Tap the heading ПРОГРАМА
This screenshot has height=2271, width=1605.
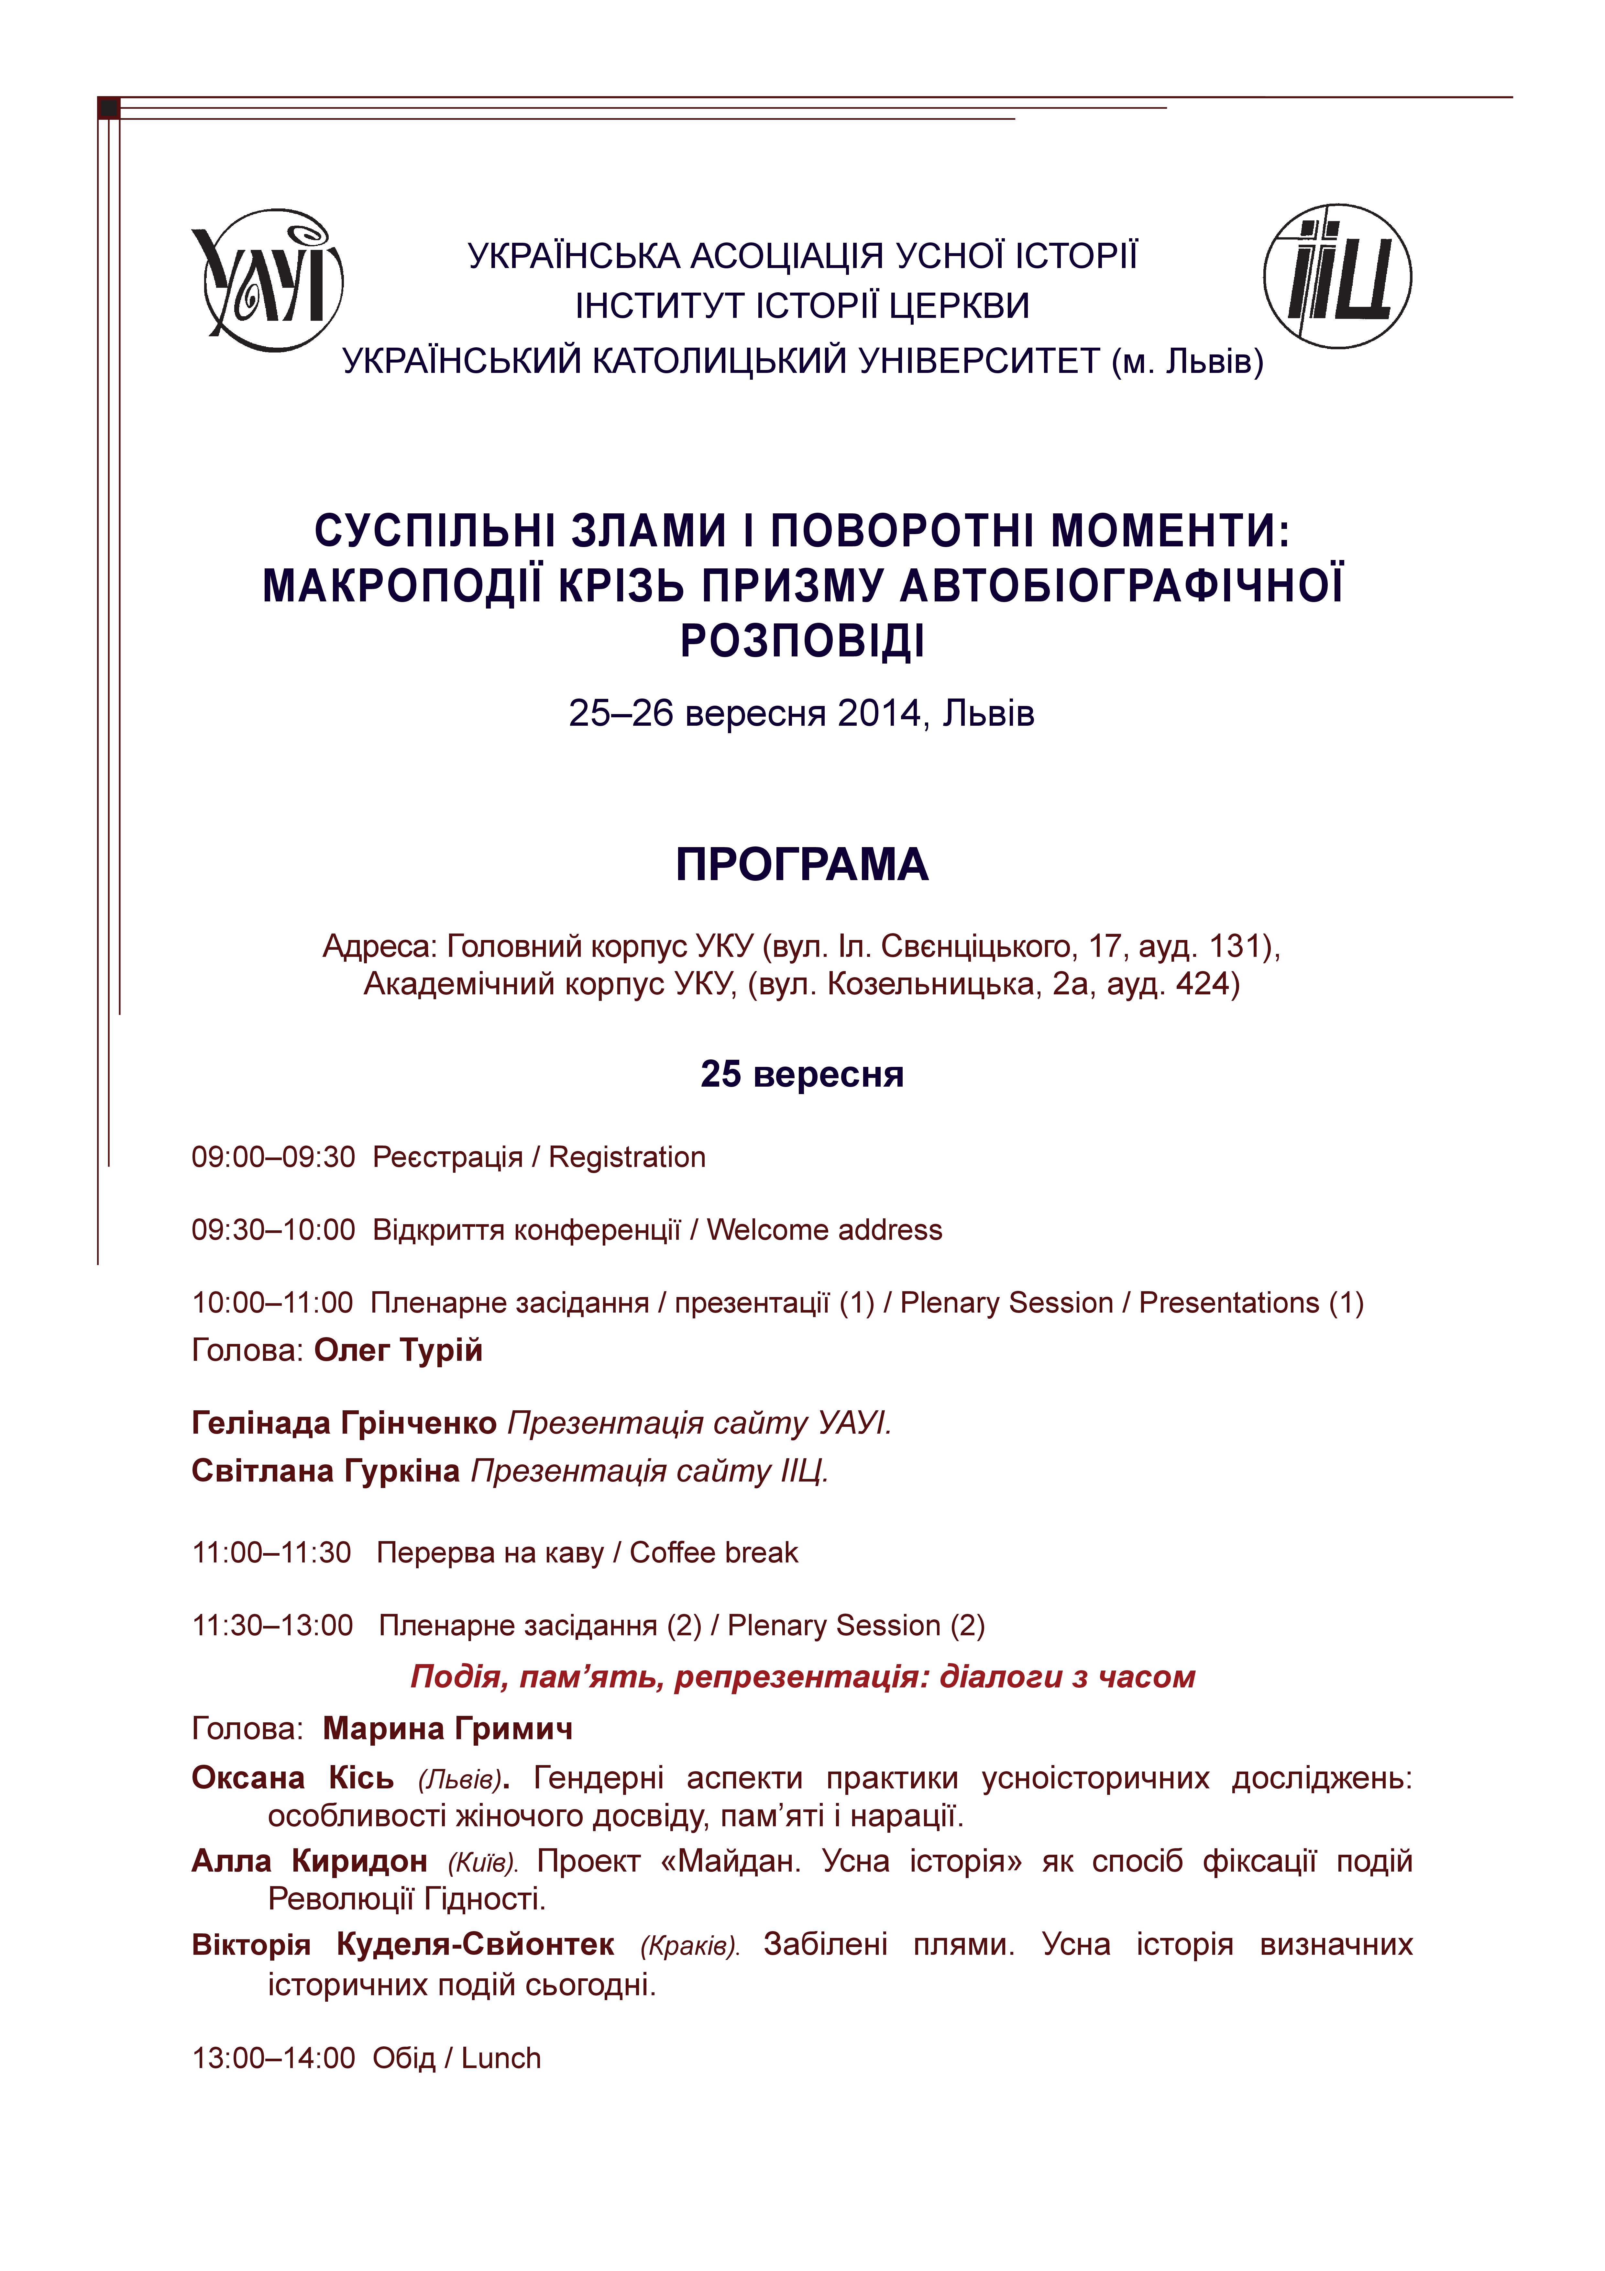pyautogui.click(x=802, y=865)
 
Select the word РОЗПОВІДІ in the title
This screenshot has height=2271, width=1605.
pyautogui.click(x=802, y=641)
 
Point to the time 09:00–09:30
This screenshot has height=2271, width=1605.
pyautogui.click(x=273, y=1157)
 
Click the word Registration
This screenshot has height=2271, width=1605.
pyautogui.click(x=627, y=1157)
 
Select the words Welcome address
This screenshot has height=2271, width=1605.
pyautogui.click(x=825, y=1230)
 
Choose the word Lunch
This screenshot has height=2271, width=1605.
pyautogui.click(x=501, y=2058)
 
